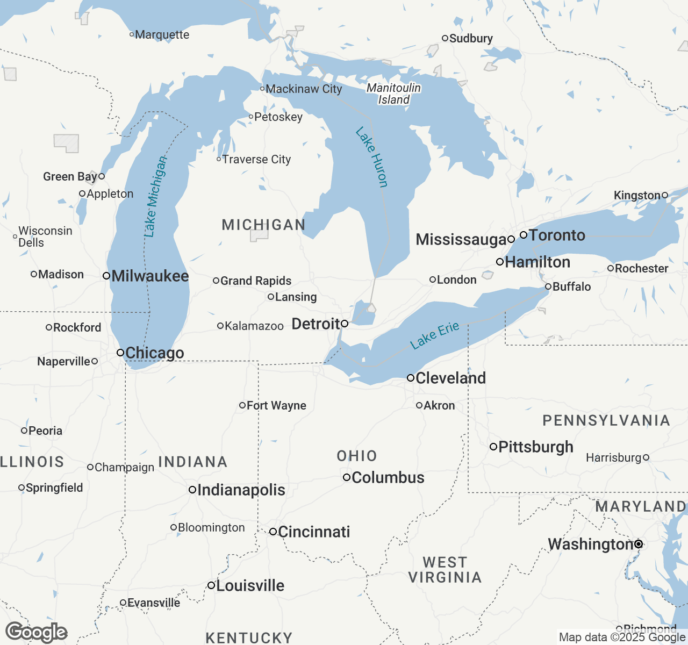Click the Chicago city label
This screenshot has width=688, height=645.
[154, 353]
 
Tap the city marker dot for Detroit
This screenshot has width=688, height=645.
[345, 324]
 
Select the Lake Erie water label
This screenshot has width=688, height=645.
[434, 335]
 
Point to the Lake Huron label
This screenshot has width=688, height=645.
[371, 157]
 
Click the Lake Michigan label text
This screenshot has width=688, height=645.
[155, 197]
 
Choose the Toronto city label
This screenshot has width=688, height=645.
[557, 235]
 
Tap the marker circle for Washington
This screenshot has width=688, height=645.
[639, 544]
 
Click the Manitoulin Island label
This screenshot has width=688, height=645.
[394, 94]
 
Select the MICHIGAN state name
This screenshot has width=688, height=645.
[263, 225]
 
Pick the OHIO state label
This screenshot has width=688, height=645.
[357, 456]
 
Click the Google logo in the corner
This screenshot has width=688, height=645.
[36, 632]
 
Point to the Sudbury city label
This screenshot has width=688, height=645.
[471, 38]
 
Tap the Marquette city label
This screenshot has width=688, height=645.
[162, 35]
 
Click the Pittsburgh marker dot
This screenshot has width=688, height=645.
[493, 447]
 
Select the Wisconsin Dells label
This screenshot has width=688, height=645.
[45, 236]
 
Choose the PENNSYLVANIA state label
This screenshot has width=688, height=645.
[606, 420]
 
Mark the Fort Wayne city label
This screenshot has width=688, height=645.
[276, 406]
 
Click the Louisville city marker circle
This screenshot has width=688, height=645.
[211, 585]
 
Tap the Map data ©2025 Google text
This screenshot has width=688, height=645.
[622, 637]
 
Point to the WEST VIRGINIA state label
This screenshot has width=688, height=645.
[445, 570]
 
